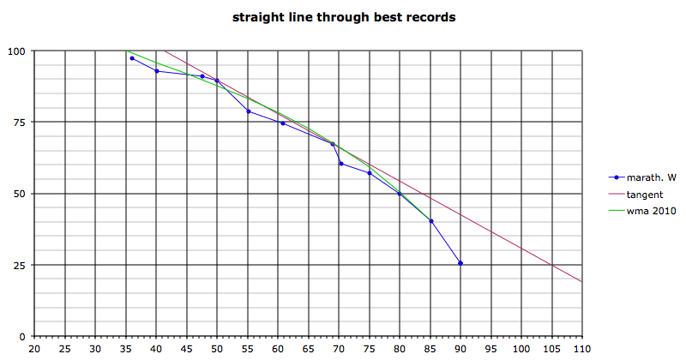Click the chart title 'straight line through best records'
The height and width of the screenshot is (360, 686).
(343, 17)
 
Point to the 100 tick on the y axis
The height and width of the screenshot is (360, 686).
(16, 51)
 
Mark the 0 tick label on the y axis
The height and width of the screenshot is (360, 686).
(22, 336)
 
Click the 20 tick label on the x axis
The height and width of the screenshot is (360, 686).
(34, 350)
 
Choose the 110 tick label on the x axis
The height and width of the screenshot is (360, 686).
(583, 350)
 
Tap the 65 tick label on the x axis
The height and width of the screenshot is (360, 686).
(309, 350)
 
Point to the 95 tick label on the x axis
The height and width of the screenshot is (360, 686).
(491, 350)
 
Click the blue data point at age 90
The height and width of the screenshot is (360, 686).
(460, 263)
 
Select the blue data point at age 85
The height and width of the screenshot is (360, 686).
(430, 221)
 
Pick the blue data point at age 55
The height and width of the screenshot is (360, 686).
(249, 111)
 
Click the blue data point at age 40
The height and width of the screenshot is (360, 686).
(157, 71)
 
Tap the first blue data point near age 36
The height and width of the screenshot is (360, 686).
(132, 57)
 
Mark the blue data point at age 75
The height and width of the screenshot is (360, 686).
(370, 173)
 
